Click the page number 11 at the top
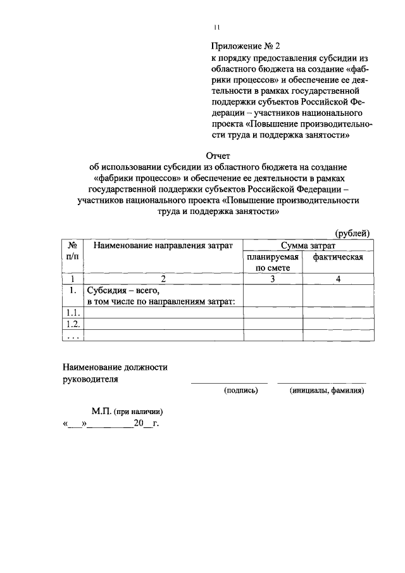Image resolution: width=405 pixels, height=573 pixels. tap(216, 27)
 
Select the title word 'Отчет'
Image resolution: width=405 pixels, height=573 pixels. tap(218, 155)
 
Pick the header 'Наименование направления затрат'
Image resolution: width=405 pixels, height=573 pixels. tap(163, 245)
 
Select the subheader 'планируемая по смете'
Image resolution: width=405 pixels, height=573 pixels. tap(273, 263)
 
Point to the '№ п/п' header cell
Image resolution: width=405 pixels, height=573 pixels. tap(73, 250)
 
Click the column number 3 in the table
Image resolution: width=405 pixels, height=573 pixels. tap(273, 279)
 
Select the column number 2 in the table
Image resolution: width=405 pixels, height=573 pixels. tap(163, 279)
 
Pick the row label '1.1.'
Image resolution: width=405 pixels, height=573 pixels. tap(72, 313)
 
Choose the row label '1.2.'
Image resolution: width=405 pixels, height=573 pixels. tap(72, 324)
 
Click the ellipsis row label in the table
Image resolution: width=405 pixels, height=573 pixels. tap(72, 336)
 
